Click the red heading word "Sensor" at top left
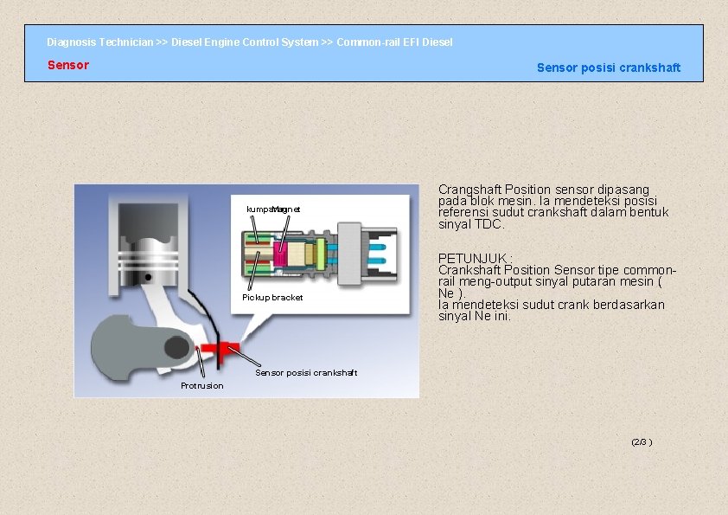67,65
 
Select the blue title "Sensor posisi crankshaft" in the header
608,68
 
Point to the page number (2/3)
641,441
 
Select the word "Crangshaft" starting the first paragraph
470,189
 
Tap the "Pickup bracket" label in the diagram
272,298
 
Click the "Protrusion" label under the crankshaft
201,386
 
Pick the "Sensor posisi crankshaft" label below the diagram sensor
305,373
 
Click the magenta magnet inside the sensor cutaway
280,252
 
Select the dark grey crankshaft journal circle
177,347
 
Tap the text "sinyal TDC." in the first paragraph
471,224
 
